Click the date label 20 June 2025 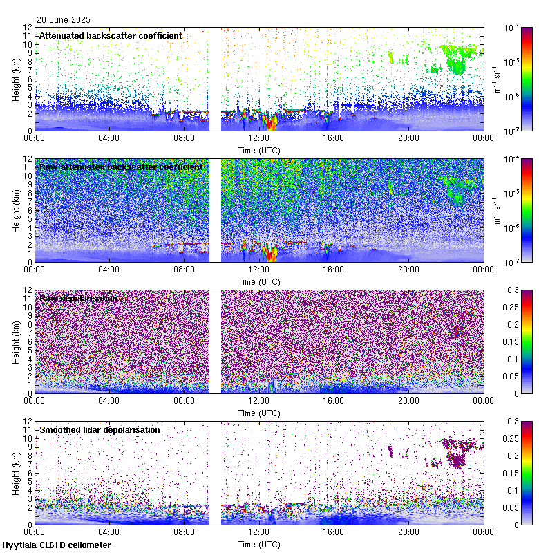point(64,20)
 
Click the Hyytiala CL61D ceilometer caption point(57,545)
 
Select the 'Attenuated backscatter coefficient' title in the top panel point(111,35)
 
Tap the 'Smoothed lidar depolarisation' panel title point(100,429)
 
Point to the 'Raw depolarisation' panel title point(78,298)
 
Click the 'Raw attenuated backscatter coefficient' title point(121,167)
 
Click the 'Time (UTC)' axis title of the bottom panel point(259,545)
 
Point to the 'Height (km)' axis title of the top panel point(15,79)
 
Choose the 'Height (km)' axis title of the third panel point(15,341)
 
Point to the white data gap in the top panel point(215,79)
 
